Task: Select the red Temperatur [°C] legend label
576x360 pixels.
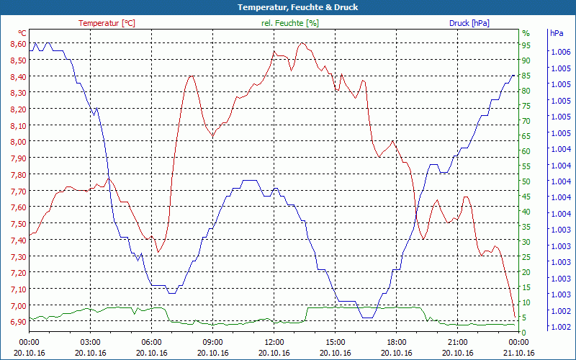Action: click(107, 23)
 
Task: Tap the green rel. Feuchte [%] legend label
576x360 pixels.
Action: click(289, 23)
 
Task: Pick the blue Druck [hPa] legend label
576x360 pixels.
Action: click(469, 23)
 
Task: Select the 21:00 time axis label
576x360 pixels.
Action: click(459, 343)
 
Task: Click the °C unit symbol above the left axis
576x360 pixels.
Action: click(22, 33)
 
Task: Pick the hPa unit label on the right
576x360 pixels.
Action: click(557, 33)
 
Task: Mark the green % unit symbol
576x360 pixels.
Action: click(526, 33)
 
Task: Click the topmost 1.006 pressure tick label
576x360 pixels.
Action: click(560, 52)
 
